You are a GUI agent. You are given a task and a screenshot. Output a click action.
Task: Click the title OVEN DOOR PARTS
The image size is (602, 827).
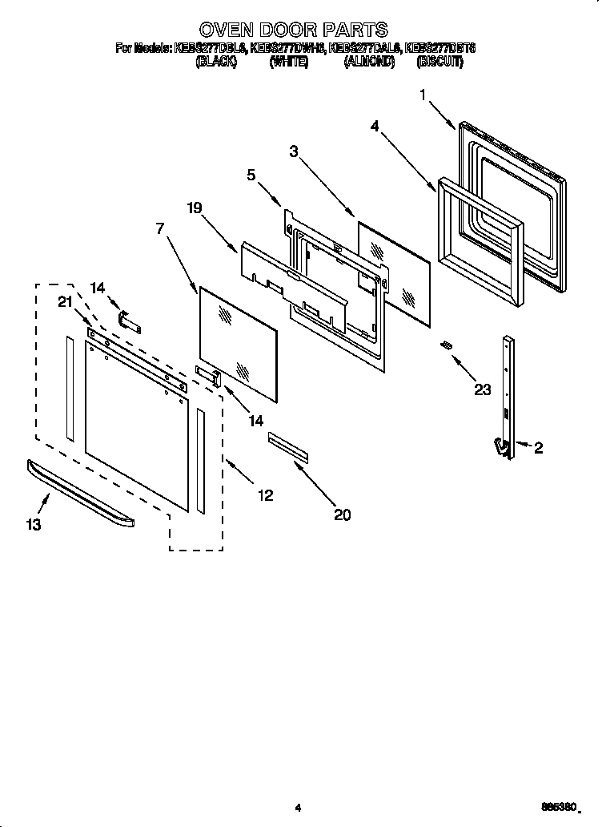[294, 30]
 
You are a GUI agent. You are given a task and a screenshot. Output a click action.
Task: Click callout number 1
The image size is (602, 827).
[423, 95]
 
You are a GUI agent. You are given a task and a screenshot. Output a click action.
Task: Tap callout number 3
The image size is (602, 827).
[294, 151]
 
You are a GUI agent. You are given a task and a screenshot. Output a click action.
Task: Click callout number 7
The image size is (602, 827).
[161, 228]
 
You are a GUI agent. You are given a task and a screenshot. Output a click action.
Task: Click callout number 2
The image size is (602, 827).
[538, 449]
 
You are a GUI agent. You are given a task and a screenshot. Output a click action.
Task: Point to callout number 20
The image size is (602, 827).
[342, 515]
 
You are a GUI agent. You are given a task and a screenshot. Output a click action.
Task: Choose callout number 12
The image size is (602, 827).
[265, 496]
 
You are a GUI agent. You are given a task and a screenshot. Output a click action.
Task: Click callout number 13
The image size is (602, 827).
[33, 525]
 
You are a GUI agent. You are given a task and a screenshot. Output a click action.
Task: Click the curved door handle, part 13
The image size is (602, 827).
[80, 493]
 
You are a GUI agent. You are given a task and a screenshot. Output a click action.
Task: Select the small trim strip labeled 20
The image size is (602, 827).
[287, 447]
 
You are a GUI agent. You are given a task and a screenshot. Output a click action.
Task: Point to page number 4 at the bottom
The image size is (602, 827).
[297, 808]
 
